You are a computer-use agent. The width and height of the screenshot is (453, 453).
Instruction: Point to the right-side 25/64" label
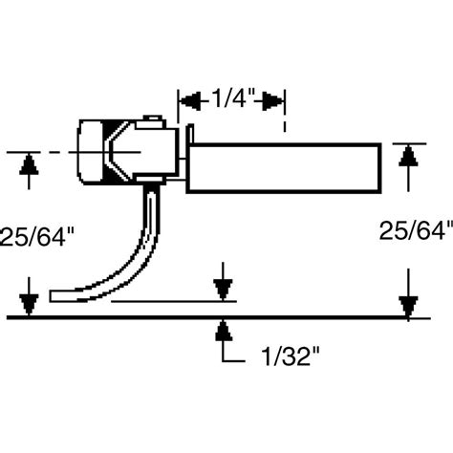pos(414,230)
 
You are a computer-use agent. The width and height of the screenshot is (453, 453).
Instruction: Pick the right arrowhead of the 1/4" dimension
pos(273,98)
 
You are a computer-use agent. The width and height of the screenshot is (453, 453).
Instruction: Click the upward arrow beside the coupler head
pos(31,166)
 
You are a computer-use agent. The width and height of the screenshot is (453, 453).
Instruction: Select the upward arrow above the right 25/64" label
pos(409,156)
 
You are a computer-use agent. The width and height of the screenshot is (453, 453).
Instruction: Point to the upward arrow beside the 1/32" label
pos(223,331)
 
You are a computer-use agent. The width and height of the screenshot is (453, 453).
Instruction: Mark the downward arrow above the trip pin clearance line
pos(223,288)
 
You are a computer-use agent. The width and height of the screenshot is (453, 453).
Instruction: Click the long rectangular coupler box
pos(287,166)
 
